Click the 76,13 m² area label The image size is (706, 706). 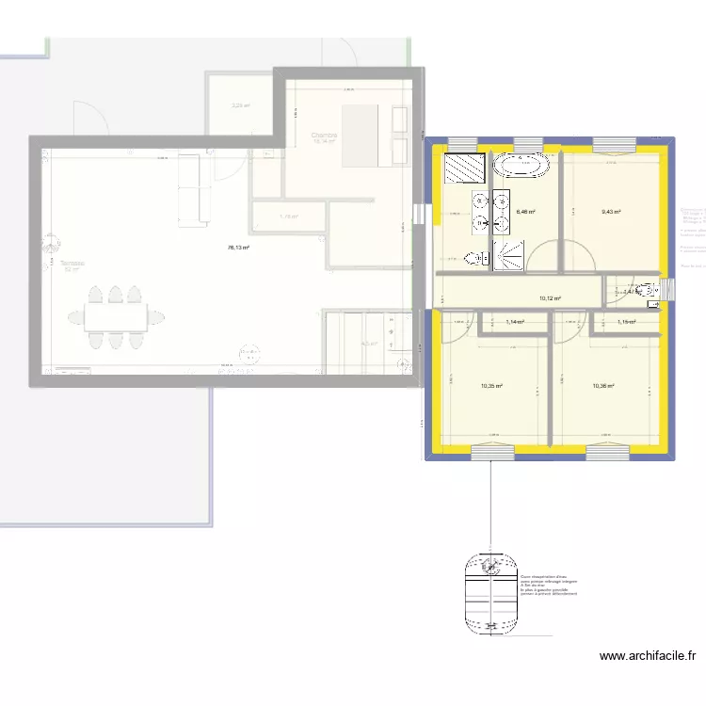[x=237, y=249]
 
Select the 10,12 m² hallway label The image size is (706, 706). [x=550, y=299]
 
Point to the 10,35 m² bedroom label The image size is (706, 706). [x=490, y=385]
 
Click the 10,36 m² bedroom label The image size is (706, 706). [x=603, y=385]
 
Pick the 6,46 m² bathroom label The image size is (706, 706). [x=525, y=212]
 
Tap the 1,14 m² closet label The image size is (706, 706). [x=514, y=323]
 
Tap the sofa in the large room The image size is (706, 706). [x=190, y=189]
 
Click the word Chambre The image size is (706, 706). [x=324, y=136]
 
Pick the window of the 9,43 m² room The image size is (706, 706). [x=613, y=143]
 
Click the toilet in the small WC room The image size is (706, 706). [x=648, y=291]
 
